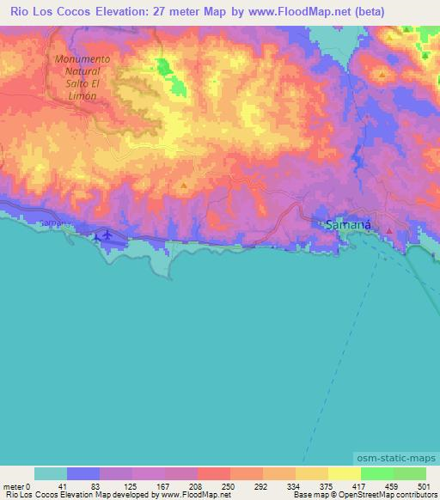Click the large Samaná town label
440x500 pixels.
[x=349, y=225]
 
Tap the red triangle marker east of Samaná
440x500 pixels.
[x=389, y=230]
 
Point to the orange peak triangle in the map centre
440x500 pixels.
[x=183, y=186]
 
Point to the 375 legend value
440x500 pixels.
[x=325, y=485]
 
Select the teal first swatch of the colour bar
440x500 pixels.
[x=51, y=473]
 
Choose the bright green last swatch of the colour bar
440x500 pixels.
[x=410, y=473]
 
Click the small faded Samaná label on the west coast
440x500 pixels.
[x=52, y=223]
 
